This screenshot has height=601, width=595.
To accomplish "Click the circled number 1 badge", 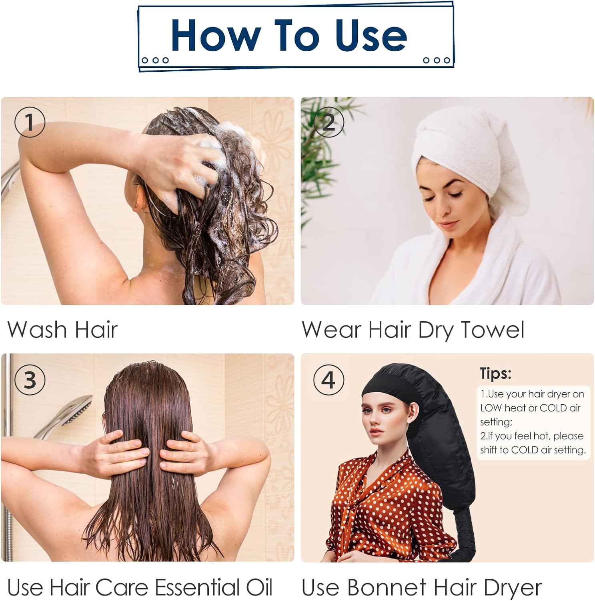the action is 30,122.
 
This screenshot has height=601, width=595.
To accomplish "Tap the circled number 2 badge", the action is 329,122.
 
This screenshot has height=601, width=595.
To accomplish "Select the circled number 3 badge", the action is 30,379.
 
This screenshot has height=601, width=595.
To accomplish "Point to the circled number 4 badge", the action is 329,379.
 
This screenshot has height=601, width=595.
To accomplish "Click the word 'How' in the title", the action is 216,36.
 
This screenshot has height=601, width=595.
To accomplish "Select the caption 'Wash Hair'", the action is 62,330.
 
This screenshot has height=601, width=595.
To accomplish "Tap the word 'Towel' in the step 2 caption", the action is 493,330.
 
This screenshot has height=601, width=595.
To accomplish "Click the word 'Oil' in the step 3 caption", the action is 259,587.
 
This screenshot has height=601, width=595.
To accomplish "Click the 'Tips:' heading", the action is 495,374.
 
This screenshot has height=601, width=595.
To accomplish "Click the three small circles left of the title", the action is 155,61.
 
